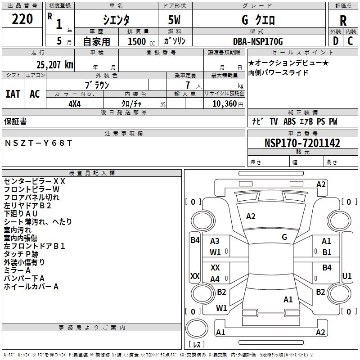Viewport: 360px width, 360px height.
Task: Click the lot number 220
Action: pyautogui.click(x=22, y=19)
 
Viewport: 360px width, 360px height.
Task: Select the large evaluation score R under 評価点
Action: pyautogui.click(x=343, y=20)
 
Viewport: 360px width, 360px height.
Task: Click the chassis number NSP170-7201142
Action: pyautogui.click(x=302, y=144)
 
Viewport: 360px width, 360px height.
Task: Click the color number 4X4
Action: pyautogui.click(x=74, y=103)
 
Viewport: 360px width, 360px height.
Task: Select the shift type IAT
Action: pyautogui.click(x=13, y=94)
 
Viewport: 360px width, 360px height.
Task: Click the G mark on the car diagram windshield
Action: pyautogui.click(x=284, y=237)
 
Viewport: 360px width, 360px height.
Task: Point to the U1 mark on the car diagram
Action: pyautogui.click(x=347, y=275)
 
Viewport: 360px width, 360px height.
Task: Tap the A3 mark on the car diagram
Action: pyautogui.click(x=215, y=241)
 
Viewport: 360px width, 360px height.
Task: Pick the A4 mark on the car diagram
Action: pyautogui.click(x=215, y=279)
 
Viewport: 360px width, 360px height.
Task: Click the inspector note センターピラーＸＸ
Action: pyautogui.click(x=35, y=181)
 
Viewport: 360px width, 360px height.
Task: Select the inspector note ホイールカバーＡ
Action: pyautogui.click(x=31, y=286)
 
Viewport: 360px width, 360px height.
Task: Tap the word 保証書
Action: pyautogui.click(x=15, y=121)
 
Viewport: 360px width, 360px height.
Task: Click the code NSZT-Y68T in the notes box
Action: pyautogui.click(x=38, y=143)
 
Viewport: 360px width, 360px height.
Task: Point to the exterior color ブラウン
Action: pyautogui.click(x=97, y=85)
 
